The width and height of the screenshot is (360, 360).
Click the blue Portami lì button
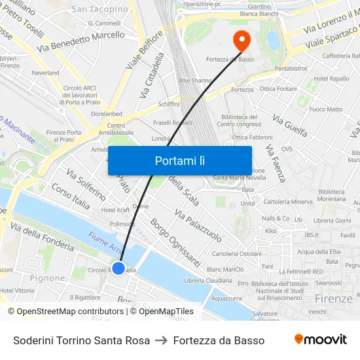point(179,160)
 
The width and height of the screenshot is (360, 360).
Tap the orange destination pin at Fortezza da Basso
point(242,41)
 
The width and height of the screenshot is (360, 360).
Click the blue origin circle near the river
point(118,268)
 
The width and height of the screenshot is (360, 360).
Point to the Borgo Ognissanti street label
point(175,242)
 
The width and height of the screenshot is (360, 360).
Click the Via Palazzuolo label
point(198,226)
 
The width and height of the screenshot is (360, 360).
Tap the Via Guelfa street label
point(290,127)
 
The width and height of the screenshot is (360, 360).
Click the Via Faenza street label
point(276,164)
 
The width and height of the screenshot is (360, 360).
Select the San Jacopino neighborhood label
point(99,9)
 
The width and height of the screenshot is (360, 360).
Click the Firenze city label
point(333,298)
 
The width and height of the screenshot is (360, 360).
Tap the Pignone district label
point(47,278)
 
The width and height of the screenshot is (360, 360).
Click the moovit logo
point(321,340)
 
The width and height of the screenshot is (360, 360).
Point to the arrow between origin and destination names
point(161,340)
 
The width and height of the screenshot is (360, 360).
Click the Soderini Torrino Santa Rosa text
point(81,340)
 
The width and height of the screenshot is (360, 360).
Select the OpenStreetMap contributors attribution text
point(65,312)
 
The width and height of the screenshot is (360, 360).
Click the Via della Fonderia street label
point(42,238)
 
